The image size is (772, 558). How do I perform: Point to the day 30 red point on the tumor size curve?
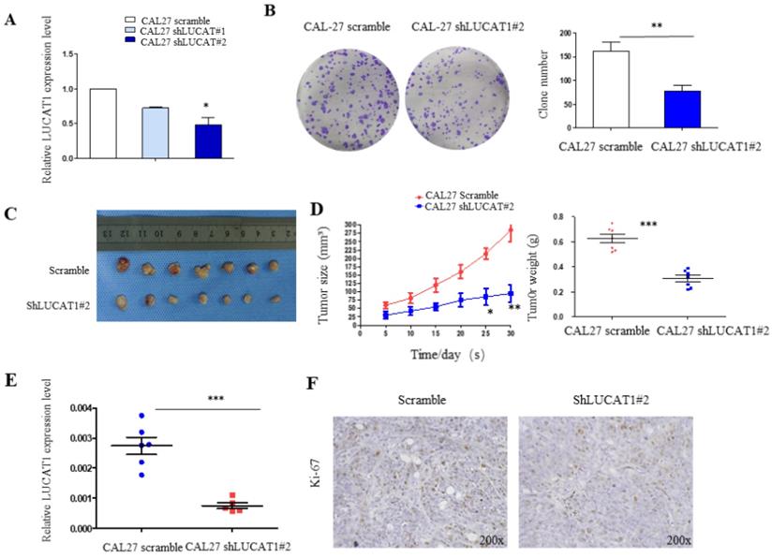coord(511,230)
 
